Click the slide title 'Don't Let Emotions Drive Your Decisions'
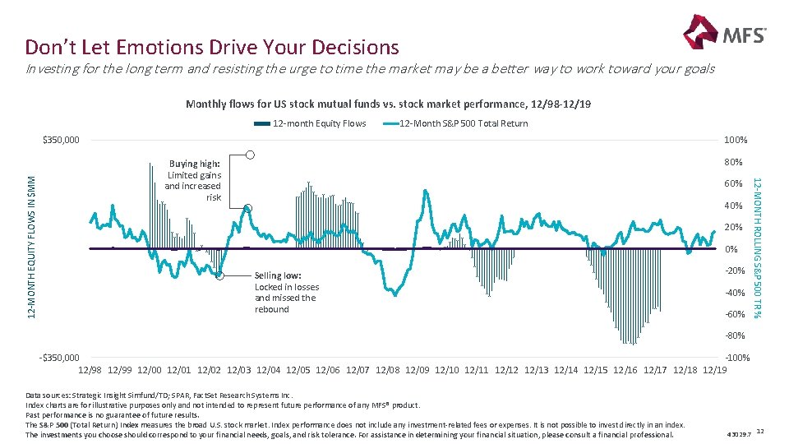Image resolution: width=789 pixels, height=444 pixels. [x=212, y=47]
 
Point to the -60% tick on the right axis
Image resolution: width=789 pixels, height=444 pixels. [x=734, y=314]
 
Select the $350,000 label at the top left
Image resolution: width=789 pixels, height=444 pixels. [x=61, y=140]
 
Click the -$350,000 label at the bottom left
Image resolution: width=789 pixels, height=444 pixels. [x=59, y=358]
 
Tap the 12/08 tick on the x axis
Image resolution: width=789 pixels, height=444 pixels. [x=388, y=371]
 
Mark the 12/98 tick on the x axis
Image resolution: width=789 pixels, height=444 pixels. [x=90, y=371]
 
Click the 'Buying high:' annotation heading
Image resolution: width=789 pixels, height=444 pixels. [x=195, y=164]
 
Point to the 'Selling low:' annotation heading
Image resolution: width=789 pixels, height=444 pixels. [x=278, y=275]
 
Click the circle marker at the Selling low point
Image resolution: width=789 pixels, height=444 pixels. [x=219, y=276]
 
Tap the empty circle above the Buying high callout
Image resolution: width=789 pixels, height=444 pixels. [x=251, y=155]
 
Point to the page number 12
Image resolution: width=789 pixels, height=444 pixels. [x=760, y=432]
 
